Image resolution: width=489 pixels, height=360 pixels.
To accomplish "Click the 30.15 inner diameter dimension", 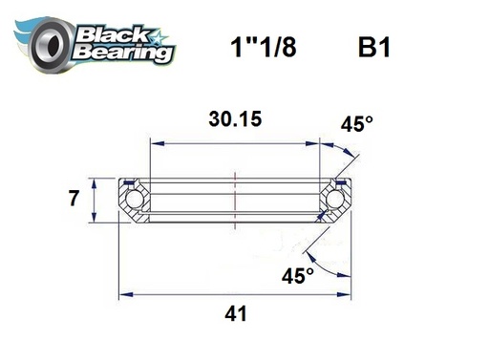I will click(234, 120).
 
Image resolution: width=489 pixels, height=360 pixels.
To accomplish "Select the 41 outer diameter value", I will click(234, 313).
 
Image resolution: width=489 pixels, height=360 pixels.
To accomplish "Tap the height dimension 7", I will click(73, 200).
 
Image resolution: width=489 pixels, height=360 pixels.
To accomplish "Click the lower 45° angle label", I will click(299, 276).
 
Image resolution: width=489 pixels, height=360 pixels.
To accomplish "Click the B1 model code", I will click(373, 49).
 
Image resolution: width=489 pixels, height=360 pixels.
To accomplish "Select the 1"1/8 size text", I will click(257, 49).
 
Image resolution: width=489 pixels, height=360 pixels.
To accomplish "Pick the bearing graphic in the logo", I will click(43, 43).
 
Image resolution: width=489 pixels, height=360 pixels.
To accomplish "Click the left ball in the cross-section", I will click(133, 200).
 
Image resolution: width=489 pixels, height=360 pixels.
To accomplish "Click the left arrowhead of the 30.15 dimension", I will click(153, 143).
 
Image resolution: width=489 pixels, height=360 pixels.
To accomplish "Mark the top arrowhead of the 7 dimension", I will click(94, 181).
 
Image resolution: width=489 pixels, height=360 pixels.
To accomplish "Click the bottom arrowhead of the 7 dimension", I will click(94, 217).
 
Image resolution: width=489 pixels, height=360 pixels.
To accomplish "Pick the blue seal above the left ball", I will click(129, 181).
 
